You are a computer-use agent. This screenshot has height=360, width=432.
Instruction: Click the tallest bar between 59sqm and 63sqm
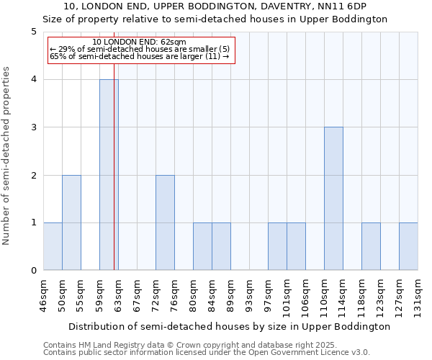click(108, 175)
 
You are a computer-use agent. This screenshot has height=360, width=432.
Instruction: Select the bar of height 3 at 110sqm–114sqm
click(333, 199)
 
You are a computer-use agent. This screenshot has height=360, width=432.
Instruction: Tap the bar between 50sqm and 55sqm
click(71, 222)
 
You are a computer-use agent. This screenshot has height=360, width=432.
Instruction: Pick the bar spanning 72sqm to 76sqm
click(165, 222)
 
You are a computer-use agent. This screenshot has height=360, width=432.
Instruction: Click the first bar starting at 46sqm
click(53, 246)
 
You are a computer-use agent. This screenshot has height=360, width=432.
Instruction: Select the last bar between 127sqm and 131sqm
click(408, 246)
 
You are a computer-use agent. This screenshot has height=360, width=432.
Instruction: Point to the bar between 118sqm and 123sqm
click(371, 246)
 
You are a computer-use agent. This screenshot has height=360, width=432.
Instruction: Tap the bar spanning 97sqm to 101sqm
click(277, 246)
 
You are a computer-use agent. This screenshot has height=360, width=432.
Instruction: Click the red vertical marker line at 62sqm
click(114, 180)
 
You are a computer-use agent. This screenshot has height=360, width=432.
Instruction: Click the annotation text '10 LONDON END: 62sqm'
click(140, 42)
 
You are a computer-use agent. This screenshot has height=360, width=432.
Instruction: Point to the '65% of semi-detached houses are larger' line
click(140, 56)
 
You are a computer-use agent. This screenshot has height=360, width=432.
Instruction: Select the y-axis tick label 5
click(33, 32)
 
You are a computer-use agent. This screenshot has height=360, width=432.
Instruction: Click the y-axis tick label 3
click(33, 127)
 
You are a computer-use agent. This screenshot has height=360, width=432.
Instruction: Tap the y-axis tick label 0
click(33, 271)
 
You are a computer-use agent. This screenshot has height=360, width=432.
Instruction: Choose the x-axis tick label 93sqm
click(249, 294)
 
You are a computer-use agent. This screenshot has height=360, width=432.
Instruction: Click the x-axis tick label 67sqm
click(137, 294)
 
